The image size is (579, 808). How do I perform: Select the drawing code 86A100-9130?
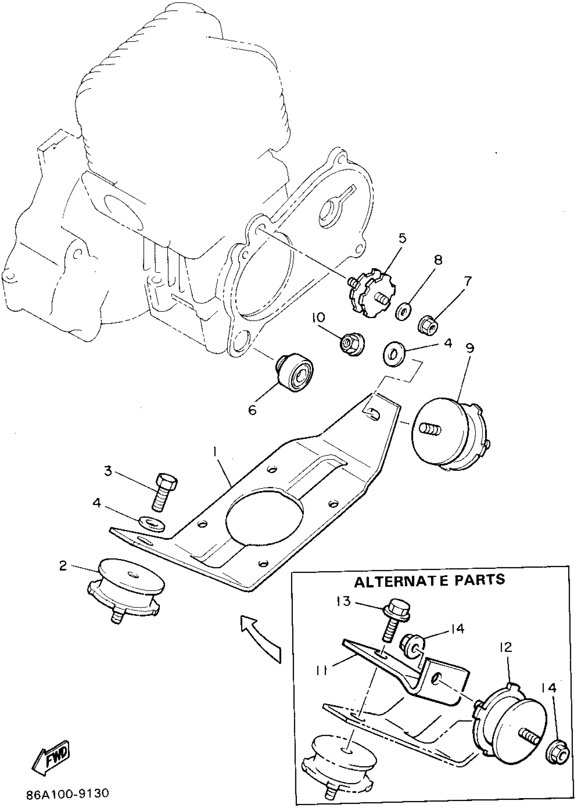pyautogui.click(x=67, y=793)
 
